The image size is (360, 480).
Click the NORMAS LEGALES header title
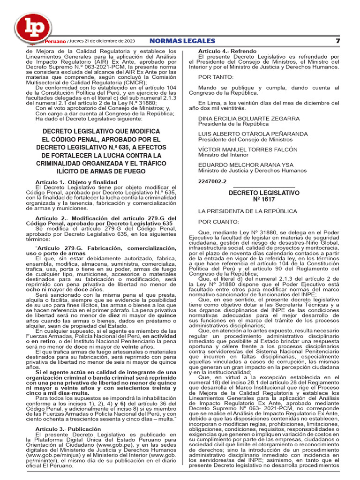tap(182, 41)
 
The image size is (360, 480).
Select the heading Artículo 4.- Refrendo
tap(227, 51)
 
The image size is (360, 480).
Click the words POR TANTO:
tap(216, 76)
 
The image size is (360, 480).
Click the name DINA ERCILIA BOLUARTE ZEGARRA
tap(249, 119)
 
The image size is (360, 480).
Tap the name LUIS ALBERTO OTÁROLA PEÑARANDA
tap(253, 134)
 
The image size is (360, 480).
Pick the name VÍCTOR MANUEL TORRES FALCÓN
tap(248, 150)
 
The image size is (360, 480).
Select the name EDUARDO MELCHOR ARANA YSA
tap(245, 165)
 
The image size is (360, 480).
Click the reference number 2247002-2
tap(212, 181)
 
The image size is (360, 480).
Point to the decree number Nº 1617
tap(263, 200)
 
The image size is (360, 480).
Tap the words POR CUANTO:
tap(218, 222)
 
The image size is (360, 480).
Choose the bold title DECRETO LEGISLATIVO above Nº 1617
tap(264, 193)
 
